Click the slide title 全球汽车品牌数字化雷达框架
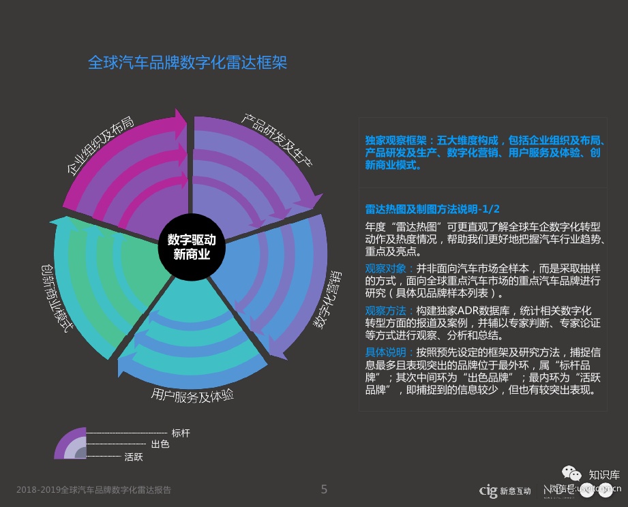pos(188,63)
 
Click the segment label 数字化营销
pos(328,301)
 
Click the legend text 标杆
pos(181,433)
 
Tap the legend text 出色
pos(160,445)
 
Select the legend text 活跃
pos(134,457)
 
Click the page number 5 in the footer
pos(324,489)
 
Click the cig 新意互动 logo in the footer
pos(505,490)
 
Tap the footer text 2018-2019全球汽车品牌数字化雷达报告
pos(93,490)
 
